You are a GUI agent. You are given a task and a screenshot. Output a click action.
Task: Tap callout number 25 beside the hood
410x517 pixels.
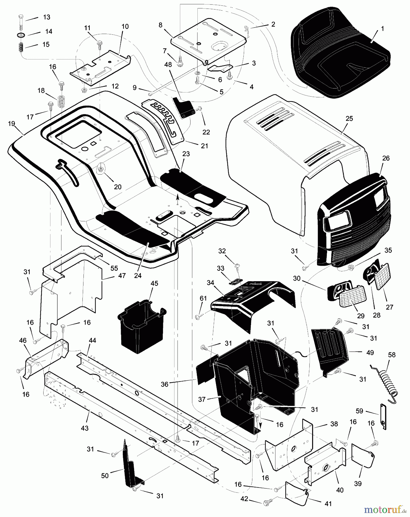coord(349,119)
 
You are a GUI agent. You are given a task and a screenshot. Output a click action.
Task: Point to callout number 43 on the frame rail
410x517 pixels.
coord(85,428)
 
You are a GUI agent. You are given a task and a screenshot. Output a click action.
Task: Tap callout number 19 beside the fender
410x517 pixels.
coord(11,124)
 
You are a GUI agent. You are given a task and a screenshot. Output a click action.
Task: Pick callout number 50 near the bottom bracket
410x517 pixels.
coord(105,476)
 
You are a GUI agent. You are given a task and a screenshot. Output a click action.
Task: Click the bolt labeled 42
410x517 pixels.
coord(266,503)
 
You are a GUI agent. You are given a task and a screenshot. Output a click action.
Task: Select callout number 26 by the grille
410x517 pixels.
coord(386,158)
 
